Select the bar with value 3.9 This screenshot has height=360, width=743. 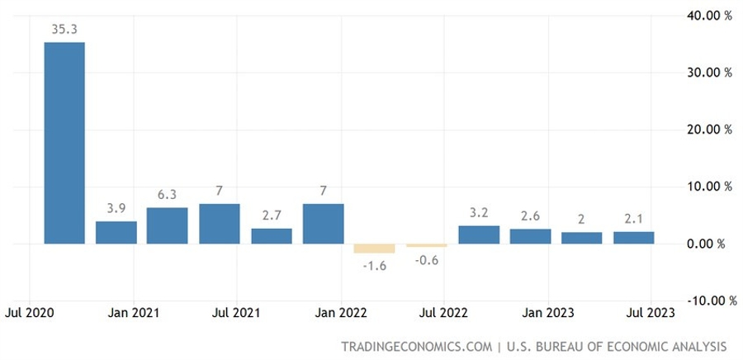pos(116,233)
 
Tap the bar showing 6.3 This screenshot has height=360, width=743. pos(168,225)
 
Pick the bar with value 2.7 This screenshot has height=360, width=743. pos(272,236)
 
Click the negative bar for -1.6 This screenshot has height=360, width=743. pos(375,249)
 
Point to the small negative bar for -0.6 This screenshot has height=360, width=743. pos(427,245)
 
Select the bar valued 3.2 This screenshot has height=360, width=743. pos(479,234)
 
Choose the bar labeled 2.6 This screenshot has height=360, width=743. pos(531,236)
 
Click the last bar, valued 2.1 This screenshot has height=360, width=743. pos(634,238)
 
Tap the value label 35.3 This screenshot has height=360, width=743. pos(64,30)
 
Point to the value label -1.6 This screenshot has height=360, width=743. pos(375,266)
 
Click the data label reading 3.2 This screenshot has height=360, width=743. pos(479,211)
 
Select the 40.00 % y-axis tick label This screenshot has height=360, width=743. pos(708,15)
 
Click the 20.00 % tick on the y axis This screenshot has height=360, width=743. pos(708,130)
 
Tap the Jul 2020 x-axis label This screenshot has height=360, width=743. pos(31,313)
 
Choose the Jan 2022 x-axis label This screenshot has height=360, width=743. pos(340,313)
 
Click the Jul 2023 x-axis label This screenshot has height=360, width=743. pos(651,313)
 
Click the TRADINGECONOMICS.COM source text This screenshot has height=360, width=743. pos(415,346)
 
